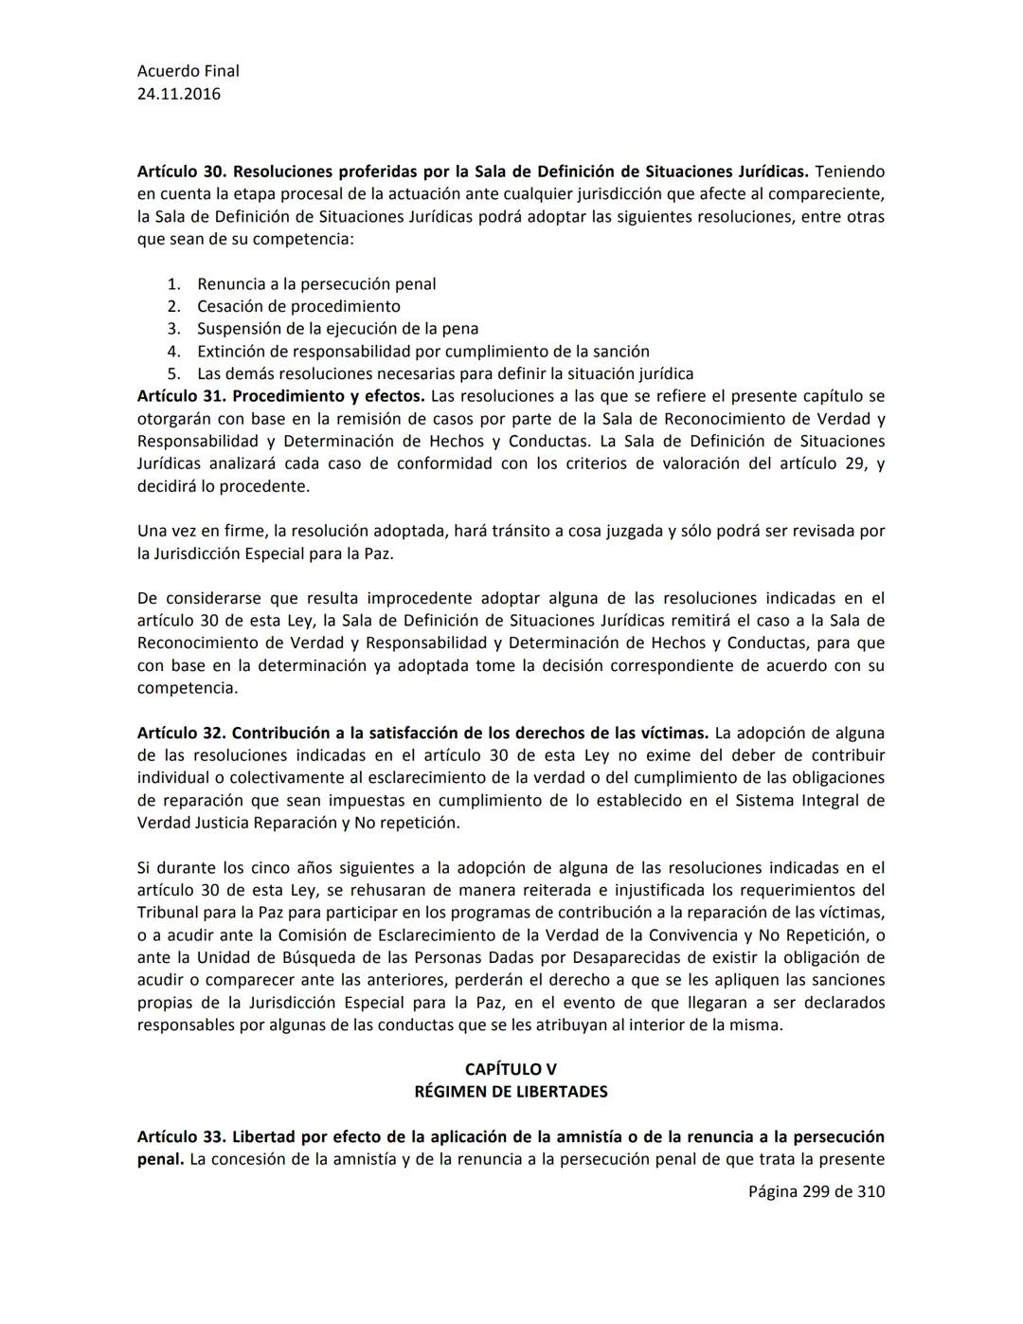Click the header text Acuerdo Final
pyautogui.click(x=188, y=71)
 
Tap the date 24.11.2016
pyautogui.click(x=179, y=94)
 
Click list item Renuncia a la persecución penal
pyautogui.click(x=316, y=283)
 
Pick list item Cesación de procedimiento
pyautogui.click(x=298, y=306)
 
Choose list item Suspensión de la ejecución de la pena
pyautogui.click(x=337, y=329)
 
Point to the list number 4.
pyautogui.click(x=173, y=352)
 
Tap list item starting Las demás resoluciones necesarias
pyautogui.click(x=445, y=373)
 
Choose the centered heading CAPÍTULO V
pyautogui.click(x=511, y=1069)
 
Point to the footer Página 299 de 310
pyautogui.click(x=816, y=1191)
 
